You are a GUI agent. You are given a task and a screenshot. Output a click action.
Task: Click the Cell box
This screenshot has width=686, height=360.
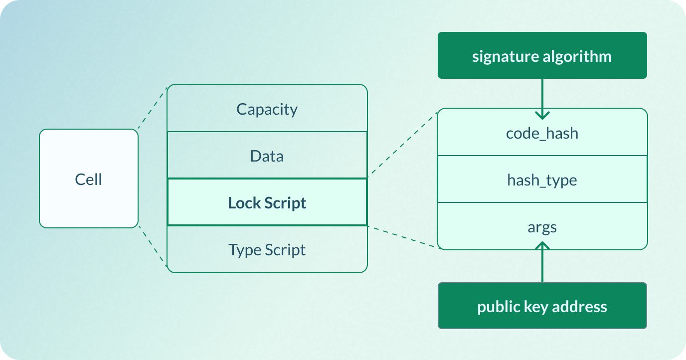coord(88,179)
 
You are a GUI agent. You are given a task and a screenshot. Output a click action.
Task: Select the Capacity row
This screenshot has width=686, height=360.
coord(267,109)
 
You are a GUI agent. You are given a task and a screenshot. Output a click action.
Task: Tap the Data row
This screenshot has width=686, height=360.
coord(267,156)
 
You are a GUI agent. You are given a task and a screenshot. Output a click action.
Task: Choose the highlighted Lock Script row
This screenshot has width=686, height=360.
coord(267,202)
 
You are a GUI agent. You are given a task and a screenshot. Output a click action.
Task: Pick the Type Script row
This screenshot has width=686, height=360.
coord(267,249)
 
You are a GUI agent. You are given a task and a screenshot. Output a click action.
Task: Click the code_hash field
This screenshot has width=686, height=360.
coord(542,133)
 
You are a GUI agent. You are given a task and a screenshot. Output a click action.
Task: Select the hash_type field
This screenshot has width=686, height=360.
coord(542,180)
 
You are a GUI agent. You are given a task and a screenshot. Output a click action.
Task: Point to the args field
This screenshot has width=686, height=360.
coord(542,227)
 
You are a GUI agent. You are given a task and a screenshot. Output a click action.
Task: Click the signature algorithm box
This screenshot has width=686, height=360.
coord(542,55)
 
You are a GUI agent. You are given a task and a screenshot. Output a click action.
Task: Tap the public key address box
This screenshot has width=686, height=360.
coord(542,306)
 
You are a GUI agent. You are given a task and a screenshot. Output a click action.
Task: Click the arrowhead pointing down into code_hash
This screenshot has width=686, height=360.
coord(542,115)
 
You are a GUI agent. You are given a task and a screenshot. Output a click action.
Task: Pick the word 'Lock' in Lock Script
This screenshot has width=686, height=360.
coord(244,203)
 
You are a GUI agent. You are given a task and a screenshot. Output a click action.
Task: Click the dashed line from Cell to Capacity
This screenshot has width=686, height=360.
coord(152,108)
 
